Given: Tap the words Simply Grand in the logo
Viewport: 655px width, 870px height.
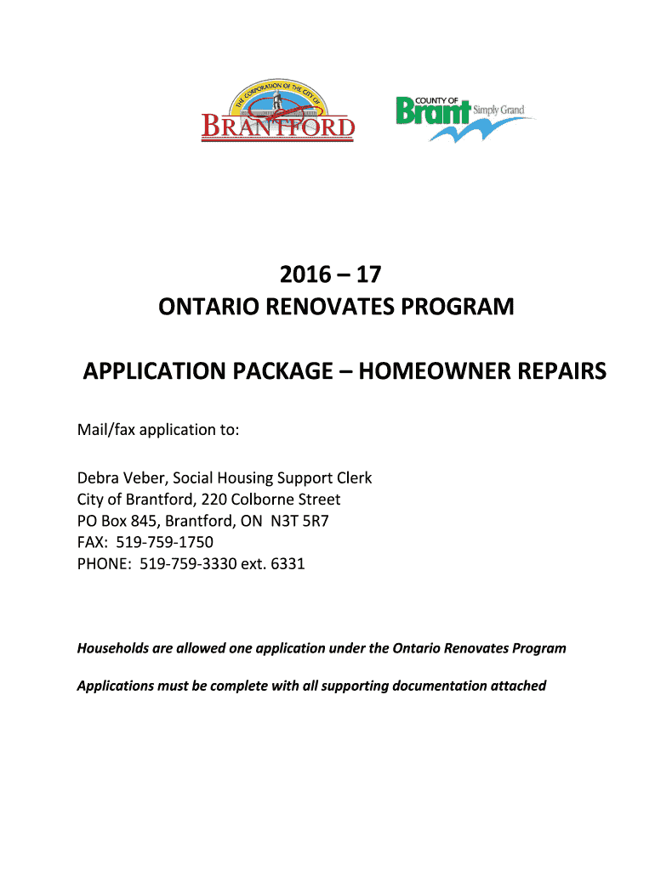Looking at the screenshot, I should coord(500,110).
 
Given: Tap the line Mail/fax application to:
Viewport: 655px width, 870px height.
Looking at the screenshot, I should coord(158,430).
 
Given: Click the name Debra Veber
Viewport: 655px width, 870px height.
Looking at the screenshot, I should coord(117,478).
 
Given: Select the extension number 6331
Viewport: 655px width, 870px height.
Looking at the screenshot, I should coord(288,563).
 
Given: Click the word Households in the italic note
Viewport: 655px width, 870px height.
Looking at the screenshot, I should coord(113,648).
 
